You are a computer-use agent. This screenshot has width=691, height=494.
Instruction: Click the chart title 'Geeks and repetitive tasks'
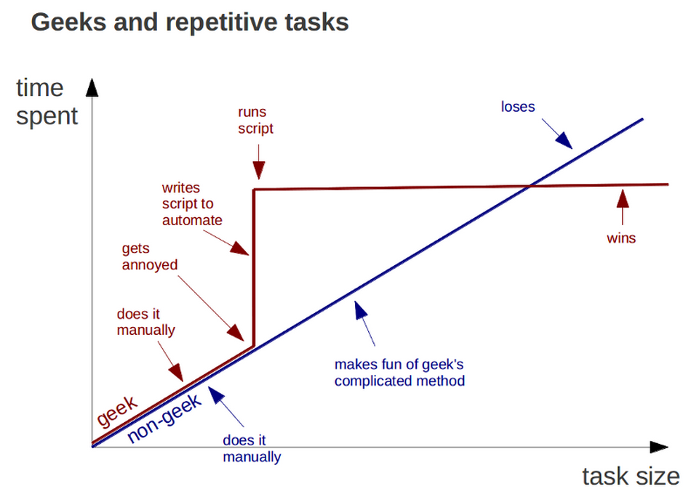(x=190, y=22)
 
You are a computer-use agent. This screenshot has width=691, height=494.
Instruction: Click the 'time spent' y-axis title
(x=47, y=102)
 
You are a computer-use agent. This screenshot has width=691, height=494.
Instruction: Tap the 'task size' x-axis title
(x=631, y=477)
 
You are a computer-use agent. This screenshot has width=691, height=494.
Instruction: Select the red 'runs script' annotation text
(x=255, y=120)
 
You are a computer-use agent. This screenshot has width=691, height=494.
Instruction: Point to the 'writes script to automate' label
(x=192, y=204)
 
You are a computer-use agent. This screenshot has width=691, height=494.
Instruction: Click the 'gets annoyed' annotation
(x=150, y=256)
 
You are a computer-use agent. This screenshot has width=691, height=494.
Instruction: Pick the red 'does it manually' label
(x=146, y=322)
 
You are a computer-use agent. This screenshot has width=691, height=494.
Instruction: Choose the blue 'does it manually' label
(x=252, y=448)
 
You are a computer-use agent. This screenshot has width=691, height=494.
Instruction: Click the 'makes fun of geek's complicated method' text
(x=399, y=373)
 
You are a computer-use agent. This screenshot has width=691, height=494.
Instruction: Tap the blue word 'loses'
(x=518, y=107)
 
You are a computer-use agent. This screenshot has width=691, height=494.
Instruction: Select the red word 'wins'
(x=621, y=238)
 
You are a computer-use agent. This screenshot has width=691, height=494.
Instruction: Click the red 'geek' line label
(x=117, y=410)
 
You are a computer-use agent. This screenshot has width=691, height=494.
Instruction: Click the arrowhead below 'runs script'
(x=259, y=171)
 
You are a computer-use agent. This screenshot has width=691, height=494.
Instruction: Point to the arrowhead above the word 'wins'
(x=622, y=198)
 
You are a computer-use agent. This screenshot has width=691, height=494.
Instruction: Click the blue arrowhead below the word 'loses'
(x=564, y=140)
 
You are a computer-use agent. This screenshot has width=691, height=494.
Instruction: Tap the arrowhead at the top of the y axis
(x=92, y=87)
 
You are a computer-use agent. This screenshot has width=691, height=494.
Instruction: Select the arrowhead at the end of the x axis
(x=659, y=447)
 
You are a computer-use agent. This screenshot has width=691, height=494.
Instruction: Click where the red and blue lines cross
(x=531, y=186)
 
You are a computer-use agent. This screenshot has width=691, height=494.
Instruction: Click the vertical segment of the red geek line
(x=254, y=268)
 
